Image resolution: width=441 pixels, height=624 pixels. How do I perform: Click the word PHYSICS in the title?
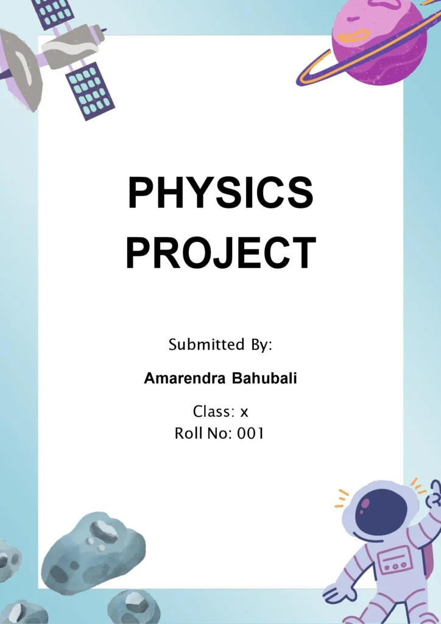pyautogui.click(x=220, y=193)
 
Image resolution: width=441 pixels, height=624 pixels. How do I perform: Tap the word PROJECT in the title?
pyautogui.click(x=220, y=252)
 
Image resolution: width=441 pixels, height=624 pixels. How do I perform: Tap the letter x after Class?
pyautogui.click(x=244, y=413)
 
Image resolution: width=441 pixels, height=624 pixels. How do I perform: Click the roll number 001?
pyautogui.click(x=250, y=434)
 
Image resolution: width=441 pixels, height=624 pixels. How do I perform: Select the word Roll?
pyautogui.click(x=189, y=434)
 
